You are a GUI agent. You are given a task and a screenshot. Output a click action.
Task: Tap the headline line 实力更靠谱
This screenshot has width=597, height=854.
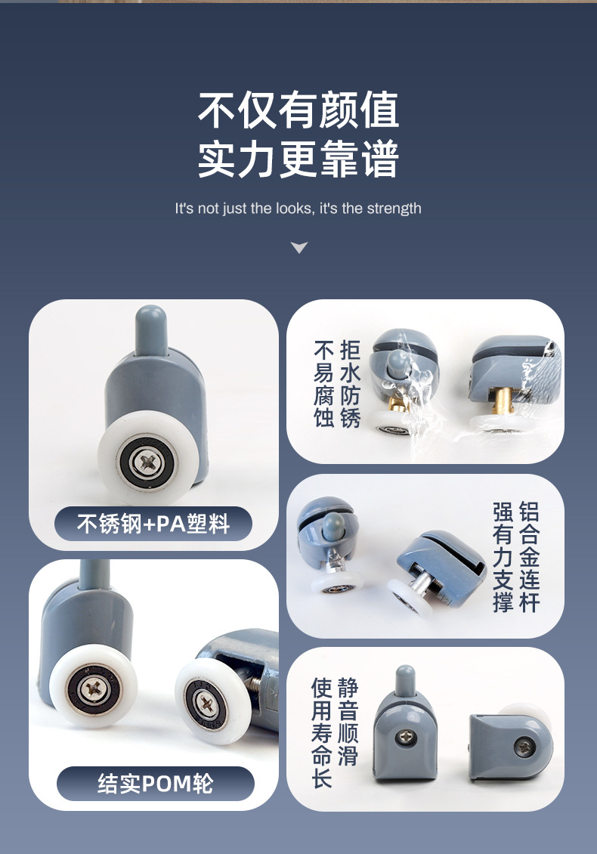point(298,159)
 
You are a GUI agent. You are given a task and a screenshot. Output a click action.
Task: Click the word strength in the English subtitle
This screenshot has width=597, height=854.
point(394,209)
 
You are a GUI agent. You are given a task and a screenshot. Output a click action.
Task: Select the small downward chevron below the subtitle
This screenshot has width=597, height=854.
point(299,247)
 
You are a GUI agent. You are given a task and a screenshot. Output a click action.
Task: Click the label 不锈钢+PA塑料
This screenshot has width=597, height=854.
point(153,524)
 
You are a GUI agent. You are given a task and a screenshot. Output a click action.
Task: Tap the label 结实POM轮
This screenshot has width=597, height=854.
point(156,784)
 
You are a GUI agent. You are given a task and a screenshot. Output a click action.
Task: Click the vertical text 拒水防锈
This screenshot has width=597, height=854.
point(351,383)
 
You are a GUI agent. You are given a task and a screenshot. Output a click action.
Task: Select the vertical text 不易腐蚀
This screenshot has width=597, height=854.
point(324,383)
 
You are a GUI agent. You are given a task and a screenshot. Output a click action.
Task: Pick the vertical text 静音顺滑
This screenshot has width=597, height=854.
point(348,722)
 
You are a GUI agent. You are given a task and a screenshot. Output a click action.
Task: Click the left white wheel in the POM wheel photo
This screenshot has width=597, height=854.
point(94,688)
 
